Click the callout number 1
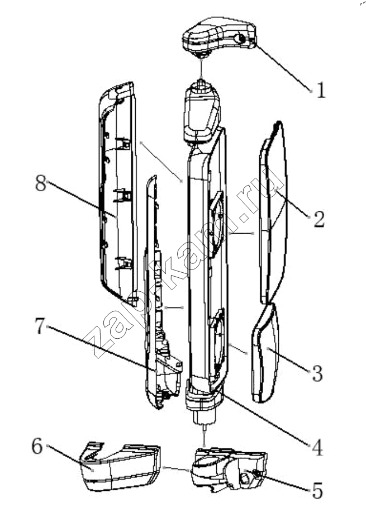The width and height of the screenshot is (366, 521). pos(321,90)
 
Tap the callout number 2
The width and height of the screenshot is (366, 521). pos(319,219)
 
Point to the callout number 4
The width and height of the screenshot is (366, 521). pos(317,448)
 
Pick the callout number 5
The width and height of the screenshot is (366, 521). pos(317,490)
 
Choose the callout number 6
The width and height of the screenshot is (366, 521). pos(37,446)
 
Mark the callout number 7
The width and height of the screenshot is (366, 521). pos(40,326)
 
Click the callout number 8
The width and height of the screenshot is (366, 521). pos(41,183)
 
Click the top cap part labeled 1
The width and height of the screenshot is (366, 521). pos(219,36)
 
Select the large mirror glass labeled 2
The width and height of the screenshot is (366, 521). pos(273,212)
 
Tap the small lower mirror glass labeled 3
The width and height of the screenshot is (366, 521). pos(265,353)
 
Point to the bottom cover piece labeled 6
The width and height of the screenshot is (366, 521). pos(120,467)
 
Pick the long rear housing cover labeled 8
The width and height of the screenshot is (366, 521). pos(118,195)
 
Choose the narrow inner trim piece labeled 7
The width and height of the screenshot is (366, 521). pos(161,292)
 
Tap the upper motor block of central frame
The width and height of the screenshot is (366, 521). pos(202,113)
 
